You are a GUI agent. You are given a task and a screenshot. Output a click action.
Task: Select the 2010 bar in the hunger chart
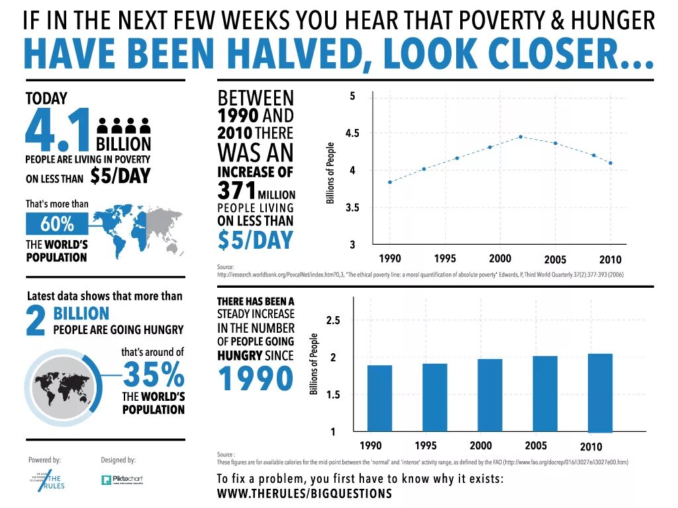(x=600, y=392)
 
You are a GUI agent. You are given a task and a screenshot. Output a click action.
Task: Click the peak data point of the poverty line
(x=520, y=136)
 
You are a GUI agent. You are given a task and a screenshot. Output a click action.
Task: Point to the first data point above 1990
(x=390, y=182)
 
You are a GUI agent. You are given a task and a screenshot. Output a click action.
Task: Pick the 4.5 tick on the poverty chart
(x=352, y=133)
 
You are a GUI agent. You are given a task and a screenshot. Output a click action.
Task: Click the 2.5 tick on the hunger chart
(x=333, y=321)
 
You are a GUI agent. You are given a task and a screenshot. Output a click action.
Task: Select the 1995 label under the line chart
(x=445, y=258)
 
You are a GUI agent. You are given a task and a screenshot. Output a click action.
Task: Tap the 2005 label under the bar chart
(x=536, y=445)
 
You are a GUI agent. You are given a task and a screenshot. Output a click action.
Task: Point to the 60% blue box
(x=57, y=225)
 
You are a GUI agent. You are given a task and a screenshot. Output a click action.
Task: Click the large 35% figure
(x=154, y=375)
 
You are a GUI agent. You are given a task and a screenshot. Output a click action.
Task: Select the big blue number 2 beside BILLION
(x=36, y=319)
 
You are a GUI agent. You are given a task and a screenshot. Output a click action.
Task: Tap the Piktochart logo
(x=122, y=480)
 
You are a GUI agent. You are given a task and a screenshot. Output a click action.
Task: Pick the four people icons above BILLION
(x=124, y=126)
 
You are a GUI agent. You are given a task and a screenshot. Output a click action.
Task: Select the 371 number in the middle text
(x=236, y=191)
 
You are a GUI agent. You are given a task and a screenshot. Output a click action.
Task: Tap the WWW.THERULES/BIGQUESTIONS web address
(x=305, y=493)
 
